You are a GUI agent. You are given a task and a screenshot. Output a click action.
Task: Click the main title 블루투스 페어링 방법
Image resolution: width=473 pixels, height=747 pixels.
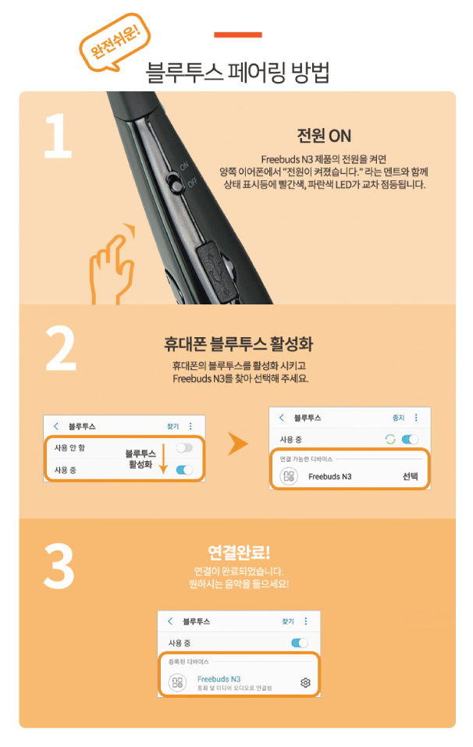pyautogui.click(x=237, y=73)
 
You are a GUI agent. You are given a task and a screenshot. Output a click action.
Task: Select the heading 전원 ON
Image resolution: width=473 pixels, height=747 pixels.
pyautogui.click(x=324, y=136)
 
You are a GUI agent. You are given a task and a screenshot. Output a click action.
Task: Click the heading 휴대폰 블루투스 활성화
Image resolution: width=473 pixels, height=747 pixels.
pyautogui.click(x=237, y=344)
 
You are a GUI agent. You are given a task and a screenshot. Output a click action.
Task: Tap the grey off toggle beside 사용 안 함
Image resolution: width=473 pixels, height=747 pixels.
pyautogui.click(x=184, y=448)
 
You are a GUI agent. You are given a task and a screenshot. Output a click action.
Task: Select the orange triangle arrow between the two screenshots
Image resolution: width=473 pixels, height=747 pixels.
pyautogui.click(x=237, y=445)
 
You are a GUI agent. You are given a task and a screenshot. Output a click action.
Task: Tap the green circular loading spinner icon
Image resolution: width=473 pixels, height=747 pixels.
pyautogui.click(x=389, y=439)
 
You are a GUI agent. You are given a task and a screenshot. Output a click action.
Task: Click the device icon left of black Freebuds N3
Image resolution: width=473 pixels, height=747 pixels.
pyautogui.click(x=288, y=476)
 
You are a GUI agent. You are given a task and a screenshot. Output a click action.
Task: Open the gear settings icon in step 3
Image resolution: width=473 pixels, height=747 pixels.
pyautogui.click(x=305, y=683)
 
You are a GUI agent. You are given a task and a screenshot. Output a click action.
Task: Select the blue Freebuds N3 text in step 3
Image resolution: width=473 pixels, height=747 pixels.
pyautogui.click(x=219, y=678)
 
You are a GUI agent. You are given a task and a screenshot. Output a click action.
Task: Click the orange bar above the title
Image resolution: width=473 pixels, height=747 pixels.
pyautogui.click(x=237, y=34)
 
